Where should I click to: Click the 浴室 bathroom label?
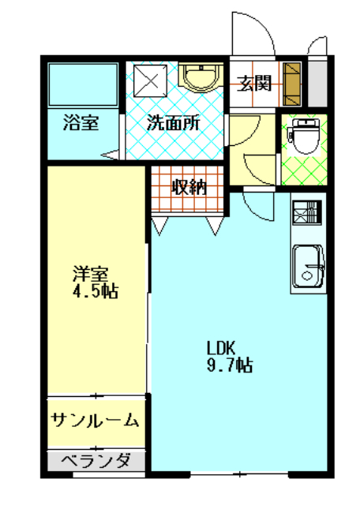click(81, 123)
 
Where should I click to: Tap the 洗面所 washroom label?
click(174, 123)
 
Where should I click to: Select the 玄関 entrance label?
click(254, 84)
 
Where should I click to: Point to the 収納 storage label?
click(189, 187)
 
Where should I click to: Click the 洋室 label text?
click(91, 274)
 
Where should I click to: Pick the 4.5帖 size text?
click(95, 291)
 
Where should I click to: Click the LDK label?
click(221, 348)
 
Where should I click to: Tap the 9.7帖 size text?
click(230, 365)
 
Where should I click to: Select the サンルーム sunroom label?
click(95, 420)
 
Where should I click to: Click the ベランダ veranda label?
click(96, 461)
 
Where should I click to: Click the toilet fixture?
click(305, 136)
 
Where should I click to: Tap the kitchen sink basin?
click(308, 266)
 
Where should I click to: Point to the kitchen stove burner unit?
click(307, 212)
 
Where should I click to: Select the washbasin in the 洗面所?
click(201, 77)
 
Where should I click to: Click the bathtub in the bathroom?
click(83, 84)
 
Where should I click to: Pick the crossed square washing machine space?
click(151, 80)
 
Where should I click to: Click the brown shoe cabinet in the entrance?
click(291, 84)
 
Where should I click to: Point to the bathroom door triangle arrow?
click(110, 155)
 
